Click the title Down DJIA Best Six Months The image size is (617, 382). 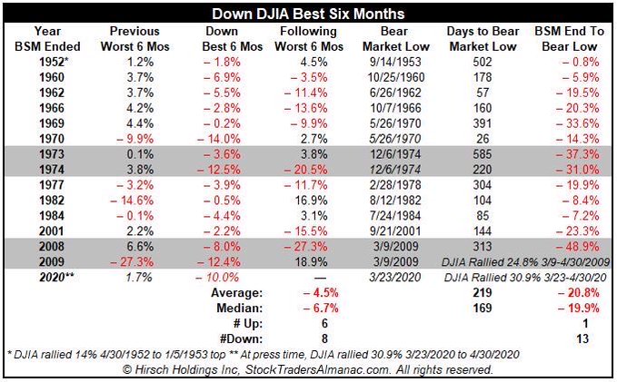tap(308, 15)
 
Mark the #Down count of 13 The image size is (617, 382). tap(579, 338)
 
